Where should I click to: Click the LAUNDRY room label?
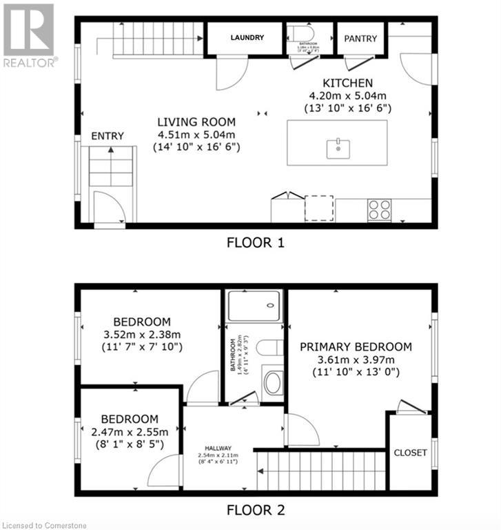(247, 38)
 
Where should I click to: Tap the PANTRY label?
(360, 39)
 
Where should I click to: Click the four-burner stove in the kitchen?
(379, 210)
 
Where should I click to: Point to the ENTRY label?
(108, 136)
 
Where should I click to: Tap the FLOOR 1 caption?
(256, 242)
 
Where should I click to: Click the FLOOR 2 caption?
(256, 511)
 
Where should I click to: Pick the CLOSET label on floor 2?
(410, 453)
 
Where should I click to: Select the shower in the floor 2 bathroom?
(254, 305)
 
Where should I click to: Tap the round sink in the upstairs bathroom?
(273, 382)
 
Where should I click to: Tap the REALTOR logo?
(29, 35)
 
